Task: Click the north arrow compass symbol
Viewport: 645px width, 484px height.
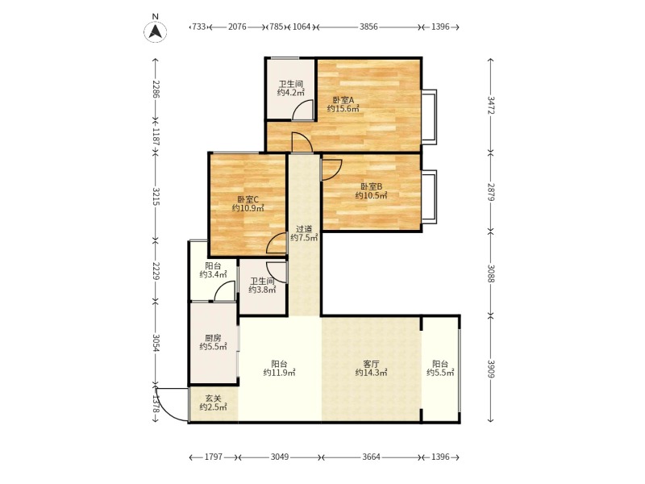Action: click(155, 31)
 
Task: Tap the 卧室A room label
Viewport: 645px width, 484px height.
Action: click(343, 100)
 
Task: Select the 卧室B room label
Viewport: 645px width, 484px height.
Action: click(371, 186)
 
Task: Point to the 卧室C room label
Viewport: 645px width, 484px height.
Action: click(248, 199)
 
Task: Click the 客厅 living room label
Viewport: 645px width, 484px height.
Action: click(371, 364)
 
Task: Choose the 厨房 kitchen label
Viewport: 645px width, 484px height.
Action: click(213, 338)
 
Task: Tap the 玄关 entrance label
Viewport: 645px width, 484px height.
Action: click(213, 398)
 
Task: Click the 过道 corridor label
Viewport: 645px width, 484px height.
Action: click(304, 229)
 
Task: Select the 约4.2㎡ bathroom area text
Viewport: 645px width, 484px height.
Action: click(291, 93)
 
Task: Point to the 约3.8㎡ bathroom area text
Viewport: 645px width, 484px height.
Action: click(262, 290)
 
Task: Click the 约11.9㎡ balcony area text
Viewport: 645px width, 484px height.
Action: click(279, 373)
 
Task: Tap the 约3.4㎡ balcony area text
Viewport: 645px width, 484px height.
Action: click(213, 274)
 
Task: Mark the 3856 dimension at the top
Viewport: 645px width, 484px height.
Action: click(368, 27)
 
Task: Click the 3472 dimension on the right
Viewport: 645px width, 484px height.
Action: click(490, 106)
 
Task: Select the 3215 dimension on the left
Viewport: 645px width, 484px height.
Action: click(156, 196)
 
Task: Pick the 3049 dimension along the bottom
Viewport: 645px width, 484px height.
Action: click(280, 457)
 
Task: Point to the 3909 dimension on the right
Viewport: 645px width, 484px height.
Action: click(490, 369)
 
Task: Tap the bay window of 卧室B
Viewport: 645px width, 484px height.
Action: click(430, 197)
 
